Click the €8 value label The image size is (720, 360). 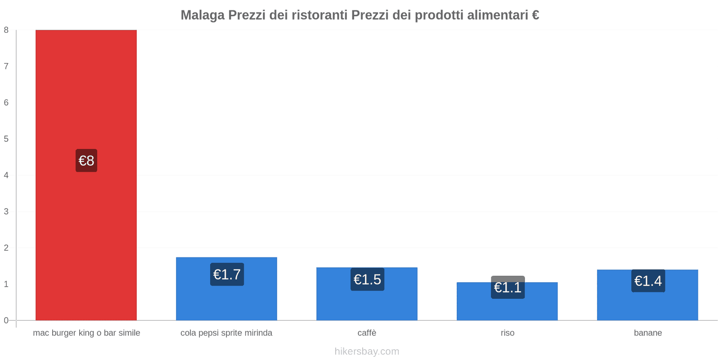tap(86, 161)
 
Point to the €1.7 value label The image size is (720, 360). tap(227, 274)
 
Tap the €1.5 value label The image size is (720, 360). tap(367, 279)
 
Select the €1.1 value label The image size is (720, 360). tap(508, 287)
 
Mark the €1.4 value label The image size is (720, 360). tap(648, 281)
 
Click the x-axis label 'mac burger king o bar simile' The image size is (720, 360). tap(86, 333)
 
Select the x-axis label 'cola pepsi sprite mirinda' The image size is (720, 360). tap(226, 333)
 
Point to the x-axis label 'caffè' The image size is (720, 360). tap(367, 333)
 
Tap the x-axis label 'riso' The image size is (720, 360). tap(508, 333)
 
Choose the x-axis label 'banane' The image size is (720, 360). tap(648, 333)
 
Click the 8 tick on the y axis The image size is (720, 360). tap(6, 30)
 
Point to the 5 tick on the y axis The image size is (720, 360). tap(6, 139)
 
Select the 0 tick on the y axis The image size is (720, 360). tap(6, 320)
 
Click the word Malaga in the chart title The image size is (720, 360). tap(202, 15)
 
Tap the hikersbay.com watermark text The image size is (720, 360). tap(367, 351)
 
